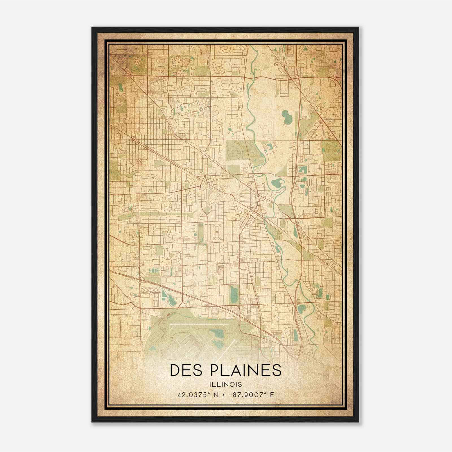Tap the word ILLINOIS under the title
[225, 384]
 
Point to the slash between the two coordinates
[224, 395]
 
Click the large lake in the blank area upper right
[286, 115]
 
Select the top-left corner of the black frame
[92, 28]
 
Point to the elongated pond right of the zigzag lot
[172, 299]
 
